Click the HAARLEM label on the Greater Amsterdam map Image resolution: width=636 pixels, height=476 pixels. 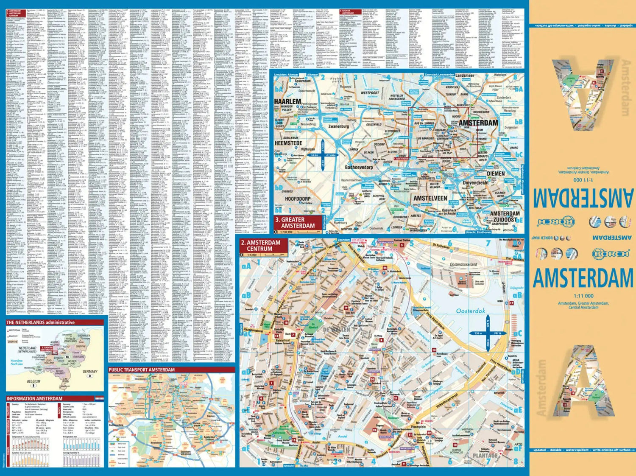click(287, 101)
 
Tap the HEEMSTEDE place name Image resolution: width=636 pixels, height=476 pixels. click(288, 143)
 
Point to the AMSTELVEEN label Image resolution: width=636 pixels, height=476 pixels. click(430, 198)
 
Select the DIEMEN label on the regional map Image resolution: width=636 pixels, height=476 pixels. click(496, 174)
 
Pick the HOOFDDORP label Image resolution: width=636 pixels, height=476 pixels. click(298, 199)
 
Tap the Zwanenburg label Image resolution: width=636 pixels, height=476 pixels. click(338, 126)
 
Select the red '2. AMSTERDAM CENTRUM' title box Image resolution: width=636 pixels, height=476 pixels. click(263, 246)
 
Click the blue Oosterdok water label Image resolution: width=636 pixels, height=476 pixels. click(470, 311)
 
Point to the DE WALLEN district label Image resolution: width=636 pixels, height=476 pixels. click(337, 330)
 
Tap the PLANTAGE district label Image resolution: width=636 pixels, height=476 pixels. click(485, 456)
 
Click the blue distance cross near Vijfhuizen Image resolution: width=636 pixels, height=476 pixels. click(323, 155)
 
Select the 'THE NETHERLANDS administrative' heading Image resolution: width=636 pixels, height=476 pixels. click(40, 322)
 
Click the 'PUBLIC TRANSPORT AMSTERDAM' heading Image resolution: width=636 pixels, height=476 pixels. click(142, 370)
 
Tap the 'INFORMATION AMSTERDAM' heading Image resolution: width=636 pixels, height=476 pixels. click(34, 399)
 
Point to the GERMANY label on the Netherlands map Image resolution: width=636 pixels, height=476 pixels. click(89, 372)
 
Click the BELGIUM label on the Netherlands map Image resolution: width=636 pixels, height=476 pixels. click(33, 381)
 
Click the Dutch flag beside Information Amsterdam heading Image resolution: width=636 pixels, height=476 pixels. click(99, 399)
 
